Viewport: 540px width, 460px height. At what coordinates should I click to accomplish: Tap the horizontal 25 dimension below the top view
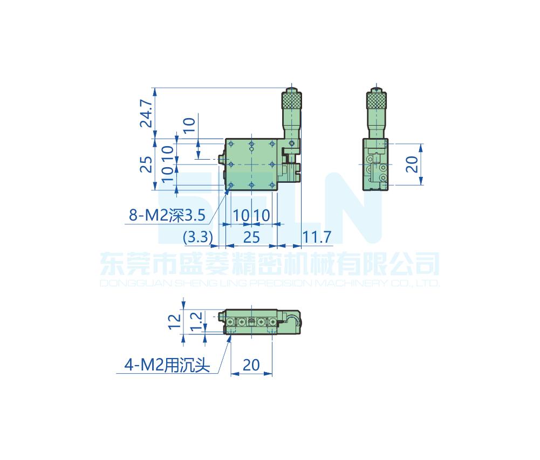click(252, 237)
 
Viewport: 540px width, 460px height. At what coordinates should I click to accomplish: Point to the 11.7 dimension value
click(317, 237)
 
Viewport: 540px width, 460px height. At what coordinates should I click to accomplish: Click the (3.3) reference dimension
click(198, 237)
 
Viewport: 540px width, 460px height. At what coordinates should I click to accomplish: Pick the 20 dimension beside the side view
click(412, 164)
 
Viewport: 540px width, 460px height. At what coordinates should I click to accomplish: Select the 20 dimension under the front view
click(251, 365)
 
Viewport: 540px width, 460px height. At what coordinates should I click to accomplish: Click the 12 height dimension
click(174, 321)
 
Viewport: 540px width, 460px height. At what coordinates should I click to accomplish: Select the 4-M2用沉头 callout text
click(167, 366)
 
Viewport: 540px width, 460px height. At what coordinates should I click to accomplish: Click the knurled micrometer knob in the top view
click(291, 101)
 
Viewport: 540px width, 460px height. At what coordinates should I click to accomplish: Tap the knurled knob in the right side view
click(377, 101)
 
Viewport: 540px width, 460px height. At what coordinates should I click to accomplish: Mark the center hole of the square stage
click(251, 164)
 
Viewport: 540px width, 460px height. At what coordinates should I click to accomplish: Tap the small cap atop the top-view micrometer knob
click(291, 89)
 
